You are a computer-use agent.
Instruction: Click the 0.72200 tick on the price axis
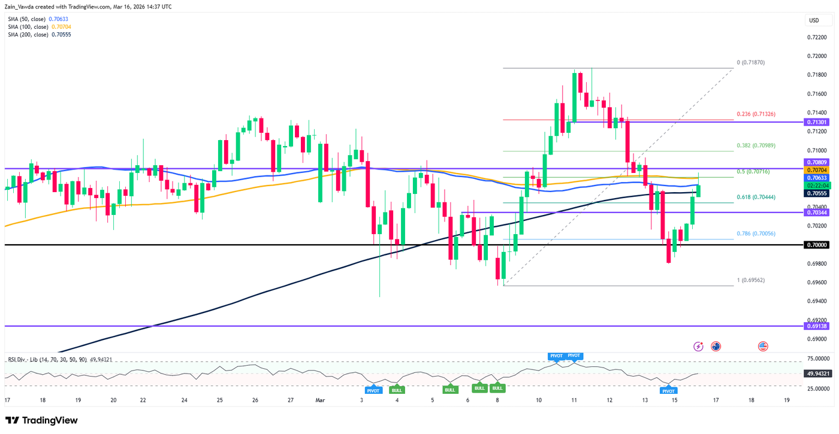tap(816, 37)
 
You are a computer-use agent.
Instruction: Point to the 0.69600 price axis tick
tap(816, 283)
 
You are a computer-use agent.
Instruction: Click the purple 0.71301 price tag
tap(817, 122)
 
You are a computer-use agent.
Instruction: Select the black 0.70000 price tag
tap(817, 245)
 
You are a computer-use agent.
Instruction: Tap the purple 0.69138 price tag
tap(817, 326)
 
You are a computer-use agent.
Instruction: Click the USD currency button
tap(814, 20)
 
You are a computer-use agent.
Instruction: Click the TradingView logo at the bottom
tap(41, 420)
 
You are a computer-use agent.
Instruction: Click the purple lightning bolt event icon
tap(698, 346)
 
